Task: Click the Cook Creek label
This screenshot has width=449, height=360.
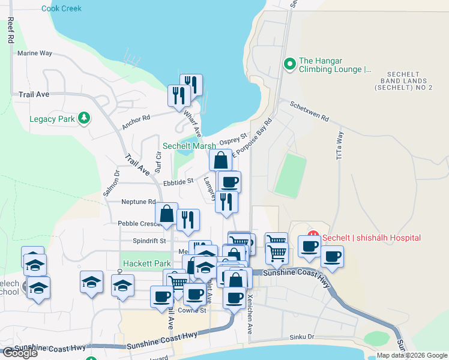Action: click(x=61, y=8)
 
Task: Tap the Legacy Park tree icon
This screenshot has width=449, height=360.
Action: click(x=85, y=118)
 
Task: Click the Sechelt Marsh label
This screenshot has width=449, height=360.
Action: click(x=189, y=146)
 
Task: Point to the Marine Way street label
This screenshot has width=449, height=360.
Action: click(x=35, y=53)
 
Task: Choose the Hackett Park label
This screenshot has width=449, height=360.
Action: click(x=146, y=263)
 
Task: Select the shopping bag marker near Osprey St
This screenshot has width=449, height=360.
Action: click(x=221, y=160)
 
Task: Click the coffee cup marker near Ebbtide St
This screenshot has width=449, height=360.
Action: click(x=229, y=182)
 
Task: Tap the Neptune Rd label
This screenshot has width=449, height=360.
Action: click(x=138, y=202)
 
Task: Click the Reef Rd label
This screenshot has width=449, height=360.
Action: click(x=10, y=30)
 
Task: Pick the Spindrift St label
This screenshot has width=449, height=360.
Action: click(x=150, y=241)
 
